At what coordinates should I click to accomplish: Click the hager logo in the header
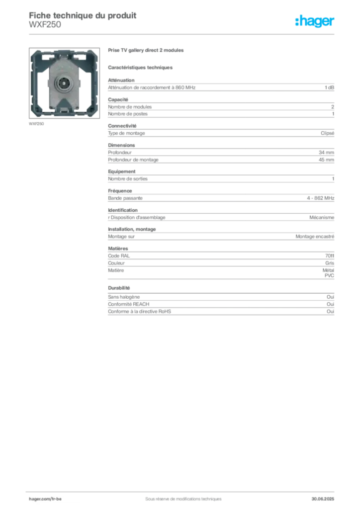315,21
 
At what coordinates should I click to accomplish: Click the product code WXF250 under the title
45,25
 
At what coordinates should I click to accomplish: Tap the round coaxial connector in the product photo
63,84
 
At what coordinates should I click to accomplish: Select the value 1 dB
329,87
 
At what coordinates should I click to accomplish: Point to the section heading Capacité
118,99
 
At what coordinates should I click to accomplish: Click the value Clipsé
327,133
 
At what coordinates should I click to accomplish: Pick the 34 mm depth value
326,153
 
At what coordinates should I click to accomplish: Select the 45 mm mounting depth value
326,160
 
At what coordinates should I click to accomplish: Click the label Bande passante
125,198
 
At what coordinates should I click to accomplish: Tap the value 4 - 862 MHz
320,198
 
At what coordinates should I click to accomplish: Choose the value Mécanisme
322,218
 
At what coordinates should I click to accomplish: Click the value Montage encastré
315,237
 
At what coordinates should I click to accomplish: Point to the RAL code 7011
330,256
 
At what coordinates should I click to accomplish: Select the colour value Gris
330,263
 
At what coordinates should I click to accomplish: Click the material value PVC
329,275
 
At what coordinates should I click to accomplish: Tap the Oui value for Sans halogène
330,297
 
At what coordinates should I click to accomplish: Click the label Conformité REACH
129,304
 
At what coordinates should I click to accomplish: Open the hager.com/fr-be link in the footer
45,499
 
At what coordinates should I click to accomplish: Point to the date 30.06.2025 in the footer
323,499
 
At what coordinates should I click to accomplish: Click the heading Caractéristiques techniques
140,68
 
